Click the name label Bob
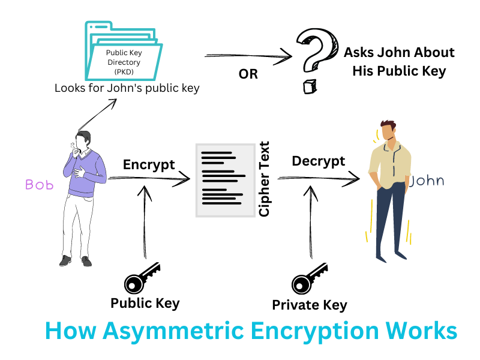[39, 185]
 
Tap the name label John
[427, 181]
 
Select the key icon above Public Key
[142, 277]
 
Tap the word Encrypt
[149, 164]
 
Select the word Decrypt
[318, 161]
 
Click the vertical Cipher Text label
[264, 179]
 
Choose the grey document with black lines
[225, 180]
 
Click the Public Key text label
[145, 303]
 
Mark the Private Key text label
[310, 305]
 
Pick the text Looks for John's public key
[127, 88]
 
